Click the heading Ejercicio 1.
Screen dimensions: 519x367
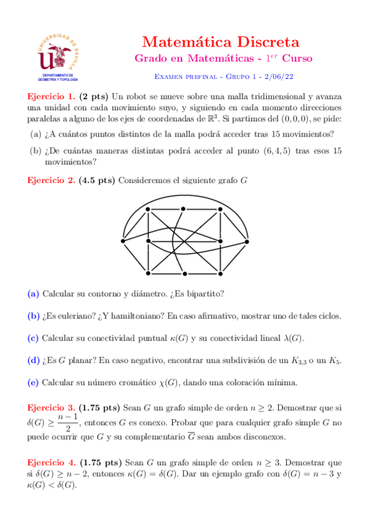[51, 96]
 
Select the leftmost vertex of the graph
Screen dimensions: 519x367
[123, 242]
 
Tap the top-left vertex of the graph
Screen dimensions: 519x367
[148, 210]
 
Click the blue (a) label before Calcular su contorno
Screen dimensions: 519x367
[34, 294]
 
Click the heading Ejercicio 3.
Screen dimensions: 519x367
[51, 407]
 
